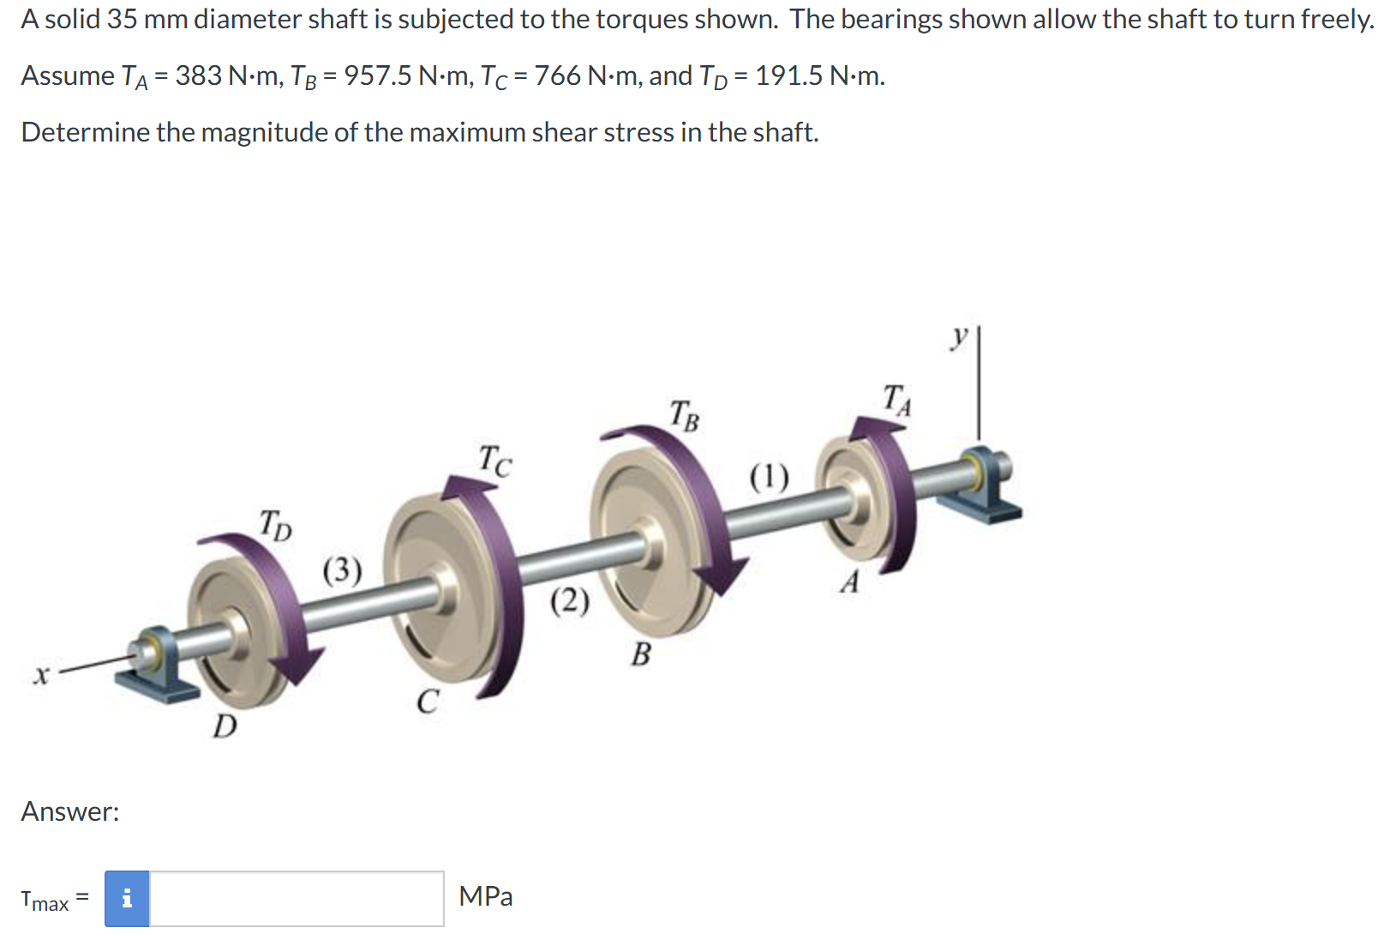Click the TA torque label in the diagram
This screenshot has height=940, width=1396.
896,400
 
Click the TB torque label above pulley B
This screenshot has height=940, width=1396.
684,415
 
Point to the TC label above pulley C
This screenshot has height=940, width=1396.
494,461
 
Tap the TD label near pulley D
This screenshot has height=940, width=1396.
275,524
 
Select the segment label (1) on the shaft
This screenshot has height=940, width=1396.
769,476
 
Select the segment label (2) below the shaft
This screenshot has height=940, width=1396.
569,601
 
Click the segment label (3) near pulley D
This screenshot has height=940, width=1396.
342,569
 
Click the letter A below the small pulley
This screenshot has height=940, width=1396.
849,582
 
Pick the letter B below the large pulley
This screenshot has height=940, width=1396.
640,655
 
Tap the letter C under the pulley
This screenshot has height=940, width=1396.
427,702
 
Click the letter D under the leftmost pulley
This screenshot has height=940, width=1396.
225,726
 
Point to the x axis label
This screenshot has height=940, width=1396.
39,676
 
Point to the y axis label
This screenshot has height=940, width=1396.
960,335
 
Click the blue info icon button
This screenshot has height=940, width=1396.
127,898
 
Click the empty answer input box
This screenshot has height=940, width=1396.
297,898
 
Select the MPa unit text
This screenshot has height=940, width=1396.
485,896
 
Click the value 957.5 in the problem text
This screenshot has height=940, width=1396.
378,76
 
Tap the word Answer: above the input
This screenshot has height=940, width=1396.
70,811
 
